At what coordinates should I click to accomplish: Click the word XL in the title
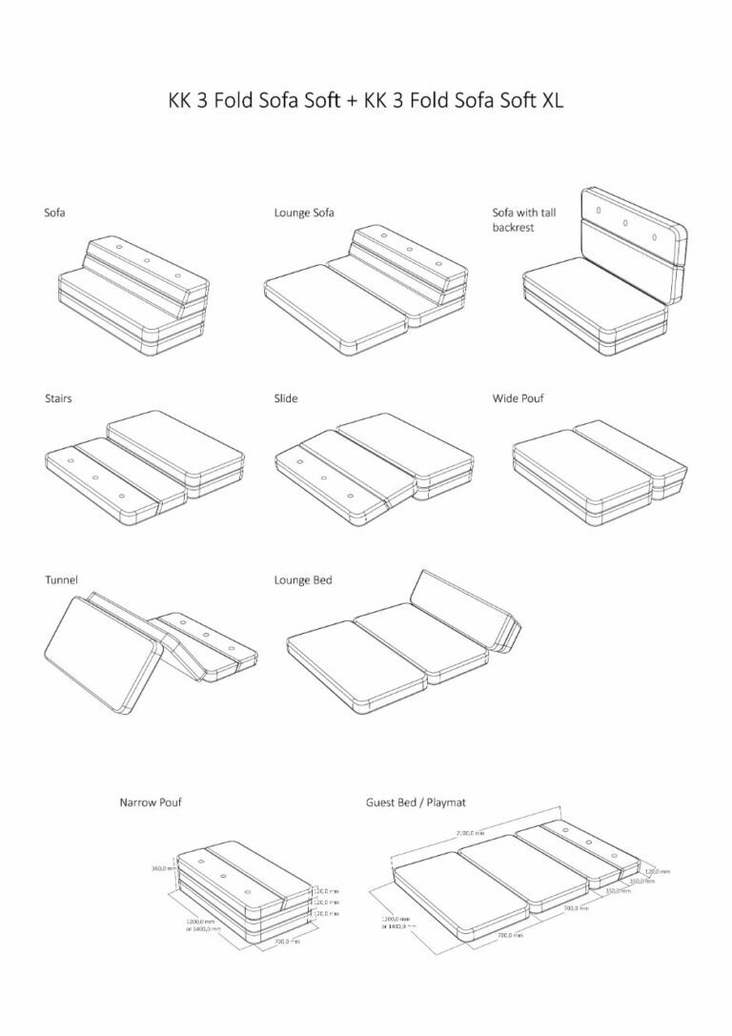pos(551,101)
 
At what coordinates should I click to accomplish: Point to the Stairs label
pos(57,397)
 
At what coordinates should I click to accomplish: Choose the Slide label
pos(285,397)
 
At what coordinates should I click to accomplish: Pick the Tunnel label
pos(61,579)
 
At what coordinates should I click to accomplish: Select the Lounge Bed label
pos(302,579)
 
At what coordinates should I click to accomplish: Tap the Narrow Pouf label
pos(151,802)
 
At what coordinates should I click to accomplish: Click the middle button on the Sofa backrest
pos(146,260)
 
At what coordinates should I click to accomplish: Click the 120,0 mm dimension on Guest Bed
pos(657,870)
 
